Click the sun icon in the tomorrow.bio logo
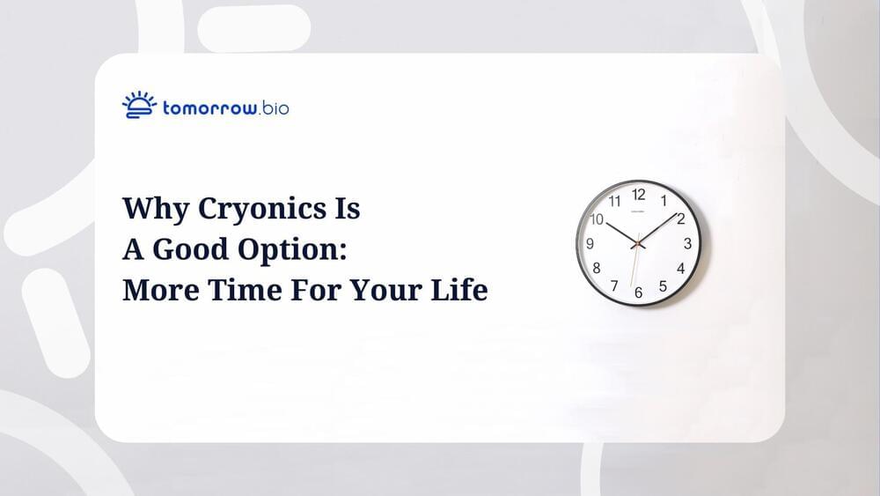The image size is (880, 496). point(139,105)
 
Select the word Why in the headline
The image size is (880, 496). point(156,210)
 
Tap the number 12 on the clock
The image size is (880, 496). point(639,195)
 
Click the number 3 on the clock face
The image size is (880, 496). point(687,243)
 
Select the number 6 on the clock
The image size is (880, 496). point(638,292)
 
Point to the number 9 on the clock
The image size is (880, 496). point(590,243)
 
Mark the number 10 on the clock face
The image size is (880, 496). point(597,219)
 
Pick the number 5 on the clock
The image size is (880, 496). point(663,286)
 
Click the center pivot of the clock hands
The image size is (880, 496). point(638,243)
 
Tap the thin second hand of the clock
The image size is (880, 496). point(635,260)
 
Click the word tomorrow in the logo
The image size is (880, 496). point(210,107)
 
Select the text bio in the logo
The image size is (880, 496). point(275,107)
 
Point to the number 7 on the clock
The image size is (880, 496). point(614,286)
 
